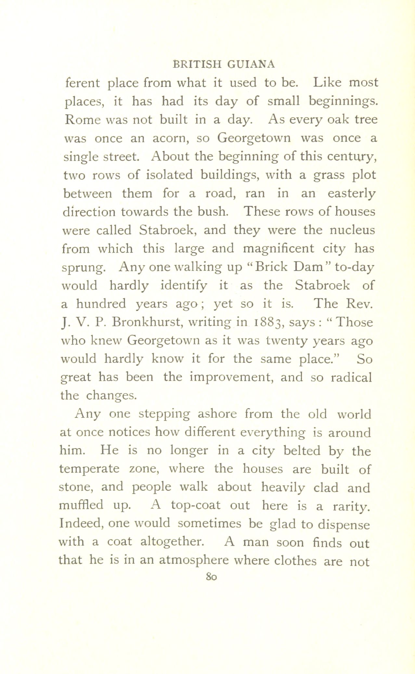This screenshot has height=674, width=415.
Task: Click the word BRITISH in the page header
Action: (x=197, y=64)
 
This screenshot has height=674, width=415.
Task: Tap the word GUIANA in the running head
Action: (x=251, y=64)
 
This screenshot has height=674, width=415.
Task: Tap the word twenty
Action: (x=285, y=341)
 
